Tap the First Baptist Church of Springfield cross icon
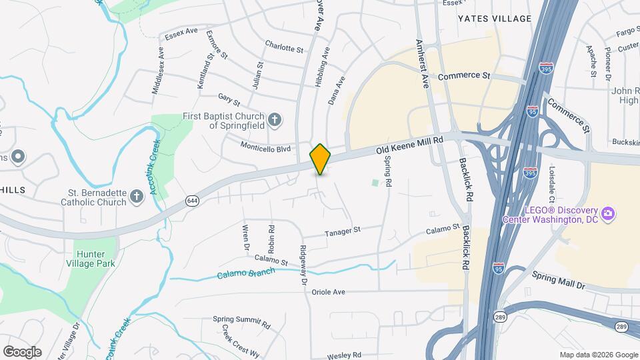[x=274, y=120]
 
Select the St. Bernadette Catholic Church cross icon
[x=137, y=196]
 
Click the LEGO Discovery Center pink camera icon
[x=607, y=213]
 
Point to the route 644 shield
[x=192, y=200]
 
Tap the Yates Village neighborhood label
[x=494, y=19]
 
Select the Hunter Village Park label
[x=95, y=259]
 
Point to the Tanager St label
[x=343, y=231]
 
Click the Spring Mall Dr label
[x=558, y=281]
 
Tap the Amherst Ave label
[x=423, y=63]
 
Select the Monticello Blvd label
[x=267, y=145]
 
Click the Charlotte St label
[x=284, y=49]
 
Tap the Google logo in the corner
[x=22, y=352]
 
